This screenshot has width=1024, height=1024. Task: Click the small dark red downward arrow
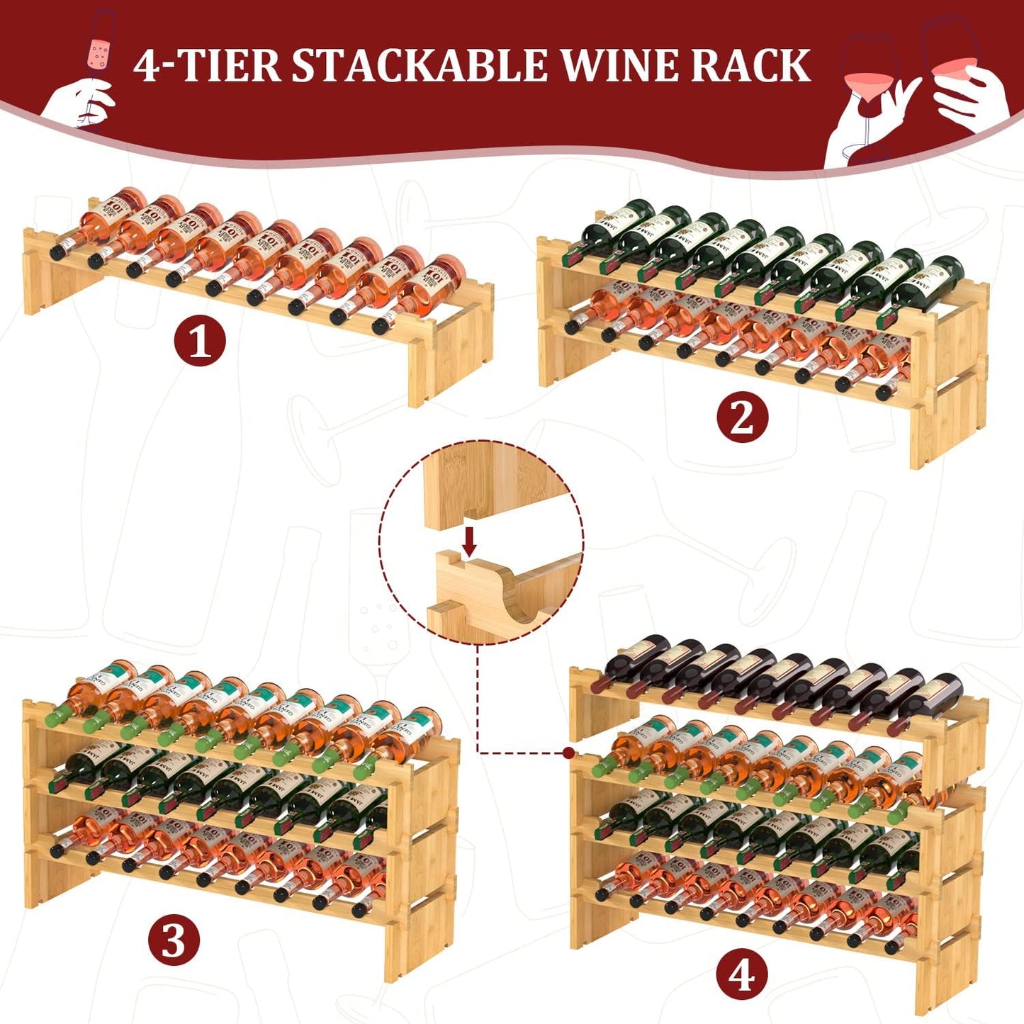(x=468, y=542)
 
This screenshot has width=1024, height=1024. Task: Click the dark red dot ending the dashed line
(x=568, y=753)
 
